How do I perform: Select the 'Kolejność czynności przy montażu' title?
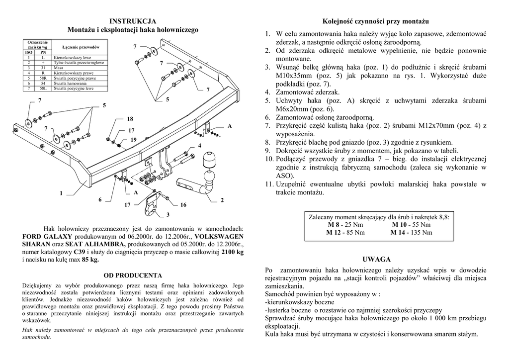coord(375,21)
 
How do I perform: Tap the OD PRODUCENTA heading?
coord(133,275)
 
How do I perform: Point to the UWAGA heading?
coord(376,259)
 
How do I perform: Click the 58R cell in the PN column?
coord(43,79)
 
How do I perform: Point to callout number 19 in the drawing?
coord(133,140)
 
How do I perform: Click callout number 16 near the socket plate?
coord(183,205)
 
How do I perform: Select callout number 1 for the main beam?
coord(62,193)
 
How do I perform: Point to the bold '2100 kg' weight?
coord(232,252)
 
